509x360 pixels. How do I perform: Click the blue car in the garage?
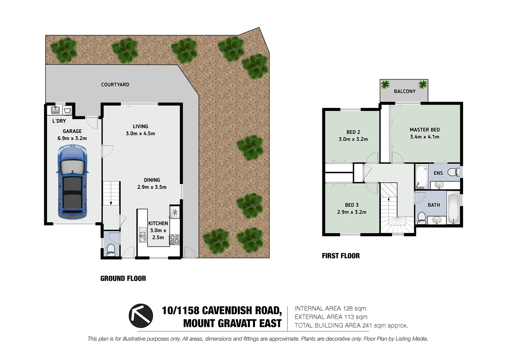[x=72, y=183]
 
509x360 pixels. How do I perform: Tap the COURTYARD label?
[x=115, y=85]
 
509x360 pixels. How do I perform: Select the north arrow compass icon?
[x=141, y=315]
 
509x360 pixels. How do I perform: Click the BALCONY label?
[x=404, y=91]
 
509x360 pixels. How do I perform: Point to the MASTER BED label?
[x=424, y=130]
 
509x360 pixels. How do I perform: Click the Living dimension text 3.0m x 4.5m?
[x=140, y=134]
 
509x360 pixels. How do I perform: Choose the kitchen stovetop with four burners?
[x=175, y=239]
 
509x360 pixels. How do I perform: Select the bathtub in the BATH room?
[x=453, y=208]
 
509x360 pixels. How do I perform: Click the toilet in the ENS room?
[x=452, y=172]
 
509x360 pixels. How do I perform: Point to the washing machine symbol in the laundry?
[x=67, y=110]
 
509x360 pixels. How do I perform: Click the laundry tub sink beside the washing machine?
[x=55, y=110]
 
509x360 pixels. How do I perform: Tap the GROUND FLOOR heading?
[x=123, y=279]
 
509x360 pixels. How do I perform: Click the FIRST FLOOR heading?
[x=340, y=256]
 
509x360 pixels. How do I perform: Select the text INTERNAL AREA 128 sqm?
[x=330, y=309]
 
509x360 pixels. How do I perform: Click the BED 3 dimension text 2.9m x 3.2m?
[x=351, y=212]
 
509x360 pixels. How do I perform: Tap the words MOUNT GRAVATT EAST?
[x=232, y=323]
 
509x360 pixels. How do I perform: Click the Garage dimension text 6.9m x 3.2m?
[x=72, y=138]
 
